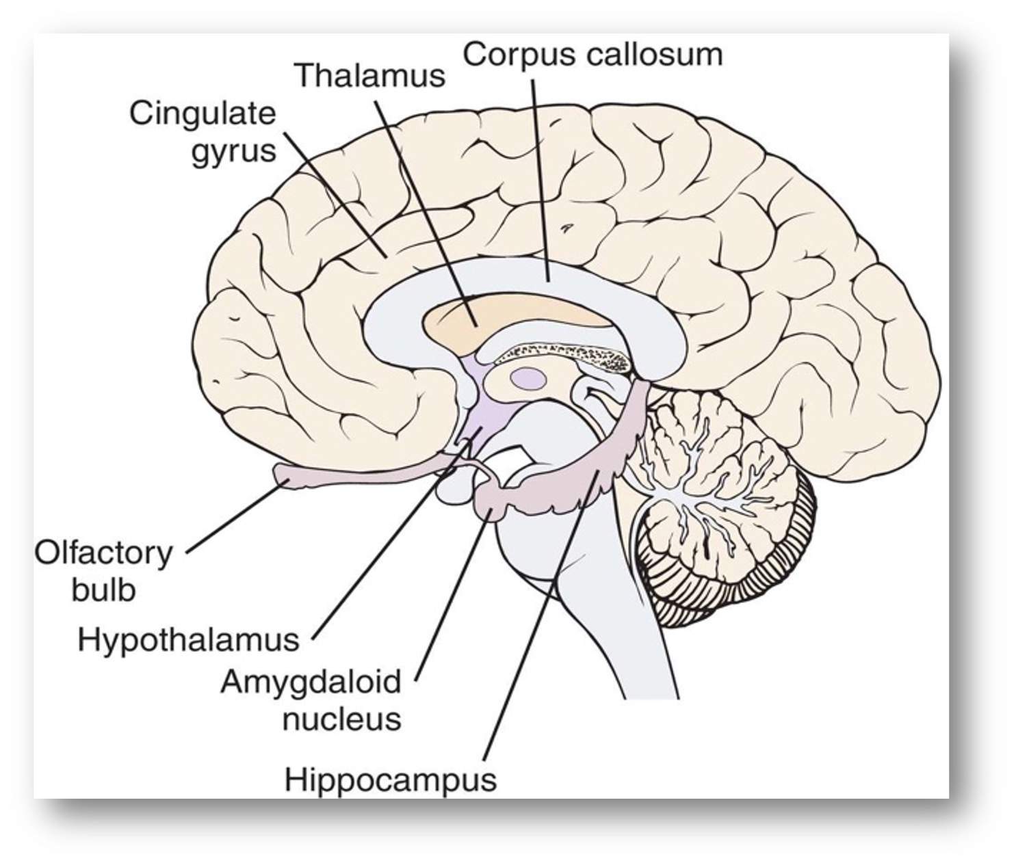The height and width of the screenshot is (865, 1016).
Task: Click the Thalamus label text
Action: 370,75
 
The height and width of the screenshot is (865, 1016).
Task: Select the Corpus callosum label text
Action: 592,53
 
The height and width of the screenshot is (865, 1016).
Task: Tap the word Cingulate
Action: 203,114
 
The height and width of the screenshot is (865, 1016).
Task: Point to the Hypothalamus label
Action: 188,640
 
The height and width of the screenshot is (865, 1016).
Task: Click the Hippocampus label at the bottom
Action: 391,780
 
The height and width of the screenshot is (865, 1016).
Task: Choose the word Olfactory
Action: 103,553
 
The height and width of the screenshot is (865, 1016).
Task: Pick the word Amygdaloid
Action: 310,682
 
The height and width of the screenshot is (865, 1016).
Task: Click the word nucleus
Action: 341,719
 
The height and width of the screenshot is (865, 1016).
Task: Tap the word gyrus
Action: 233,151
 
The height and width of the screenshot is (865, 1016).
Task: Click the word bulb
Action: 103,590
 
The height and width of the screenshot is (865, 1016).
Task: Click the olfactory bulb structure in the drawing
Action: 294,475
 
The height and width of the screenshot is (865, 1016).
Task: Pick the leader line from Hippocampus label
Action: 540,615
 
